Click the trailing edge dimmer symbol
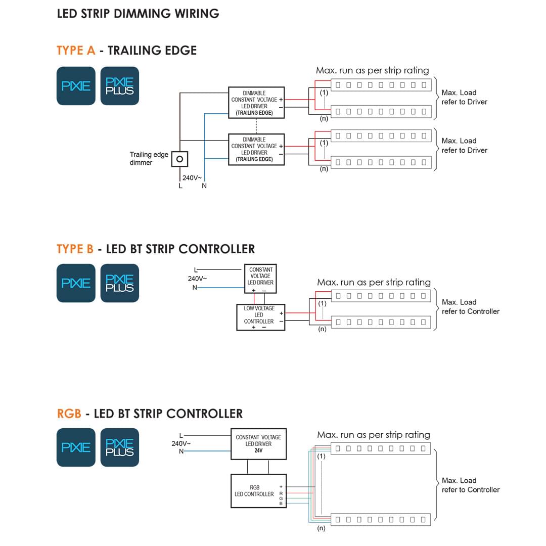179,159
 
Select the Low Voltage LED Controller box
260,317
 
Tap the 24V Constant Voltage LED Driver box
258,444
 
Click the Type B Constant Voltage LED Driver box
260,278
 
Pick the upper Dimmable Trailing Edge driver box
256,103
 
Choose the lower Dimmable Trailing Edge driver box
256,149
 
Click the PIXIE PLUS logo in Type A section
120,86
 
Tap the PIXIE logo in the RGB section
76,447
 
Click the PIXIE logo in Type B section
76,283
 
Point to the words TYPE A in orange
76,51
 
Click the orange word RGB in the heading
69,414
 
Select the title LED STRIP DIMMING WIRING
138,14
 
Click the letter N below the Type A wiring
204,186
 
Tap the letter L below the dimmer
180,186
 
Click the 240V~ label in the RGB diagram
181,443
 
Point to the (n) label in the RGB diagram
321,529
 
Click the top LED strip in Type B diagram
381,295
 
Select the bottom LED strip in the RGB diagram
381,519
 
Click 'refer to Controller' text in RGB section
470,490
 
